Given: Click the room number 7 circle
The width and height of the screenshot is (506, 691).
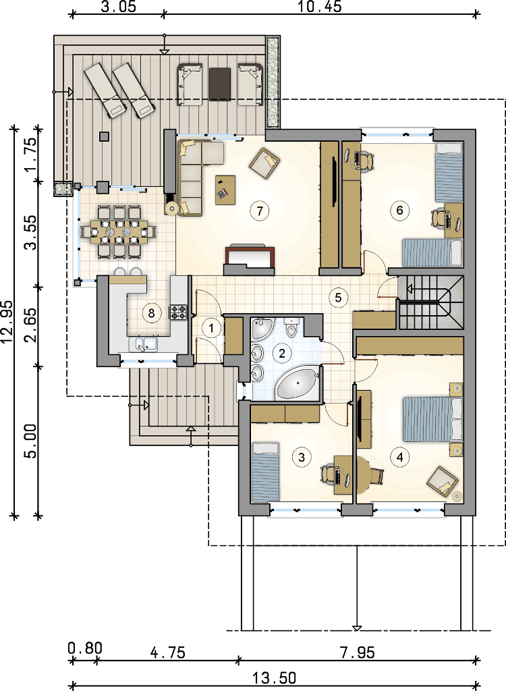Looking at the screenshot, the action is coord(260,211).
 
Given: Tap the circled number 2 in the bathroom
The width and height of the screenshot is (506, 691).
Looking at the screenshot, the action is coord(281,352).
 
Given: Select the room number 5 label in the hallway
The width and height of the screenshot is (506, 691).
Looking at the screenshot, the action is coord(338,298).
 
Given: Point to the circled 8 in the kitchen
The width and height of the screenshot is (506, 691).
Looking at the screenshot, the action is coord(151,313).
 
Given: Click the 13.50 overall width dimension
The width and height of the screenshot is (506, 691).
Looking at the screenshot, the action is coord(274,678).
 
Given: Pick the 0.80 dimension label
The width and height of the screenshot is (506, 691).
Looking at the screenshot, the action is coord(85,648).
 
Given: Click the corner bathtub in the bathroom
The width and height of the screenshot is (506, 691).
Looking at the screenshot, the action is coord(298,384).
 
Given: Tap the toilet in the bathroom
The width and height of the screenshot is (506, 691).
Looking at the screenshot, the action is coord(291,327).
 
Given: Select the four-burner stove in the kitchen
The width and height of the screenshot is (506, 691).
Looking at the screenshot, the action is coord(178,312).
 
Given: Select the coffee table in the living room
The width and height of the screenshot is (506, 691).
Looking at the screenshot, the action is coord(225,190).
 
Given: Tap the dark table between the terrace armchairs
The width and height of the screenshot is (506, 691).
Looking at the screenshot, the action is coord(220,84).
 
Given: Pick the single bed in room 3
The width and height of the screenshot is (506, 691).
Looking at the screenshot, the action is coord(266,472).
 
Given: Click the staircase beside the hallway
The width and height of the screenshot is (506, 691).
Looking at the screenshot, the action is coord(431,303).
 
